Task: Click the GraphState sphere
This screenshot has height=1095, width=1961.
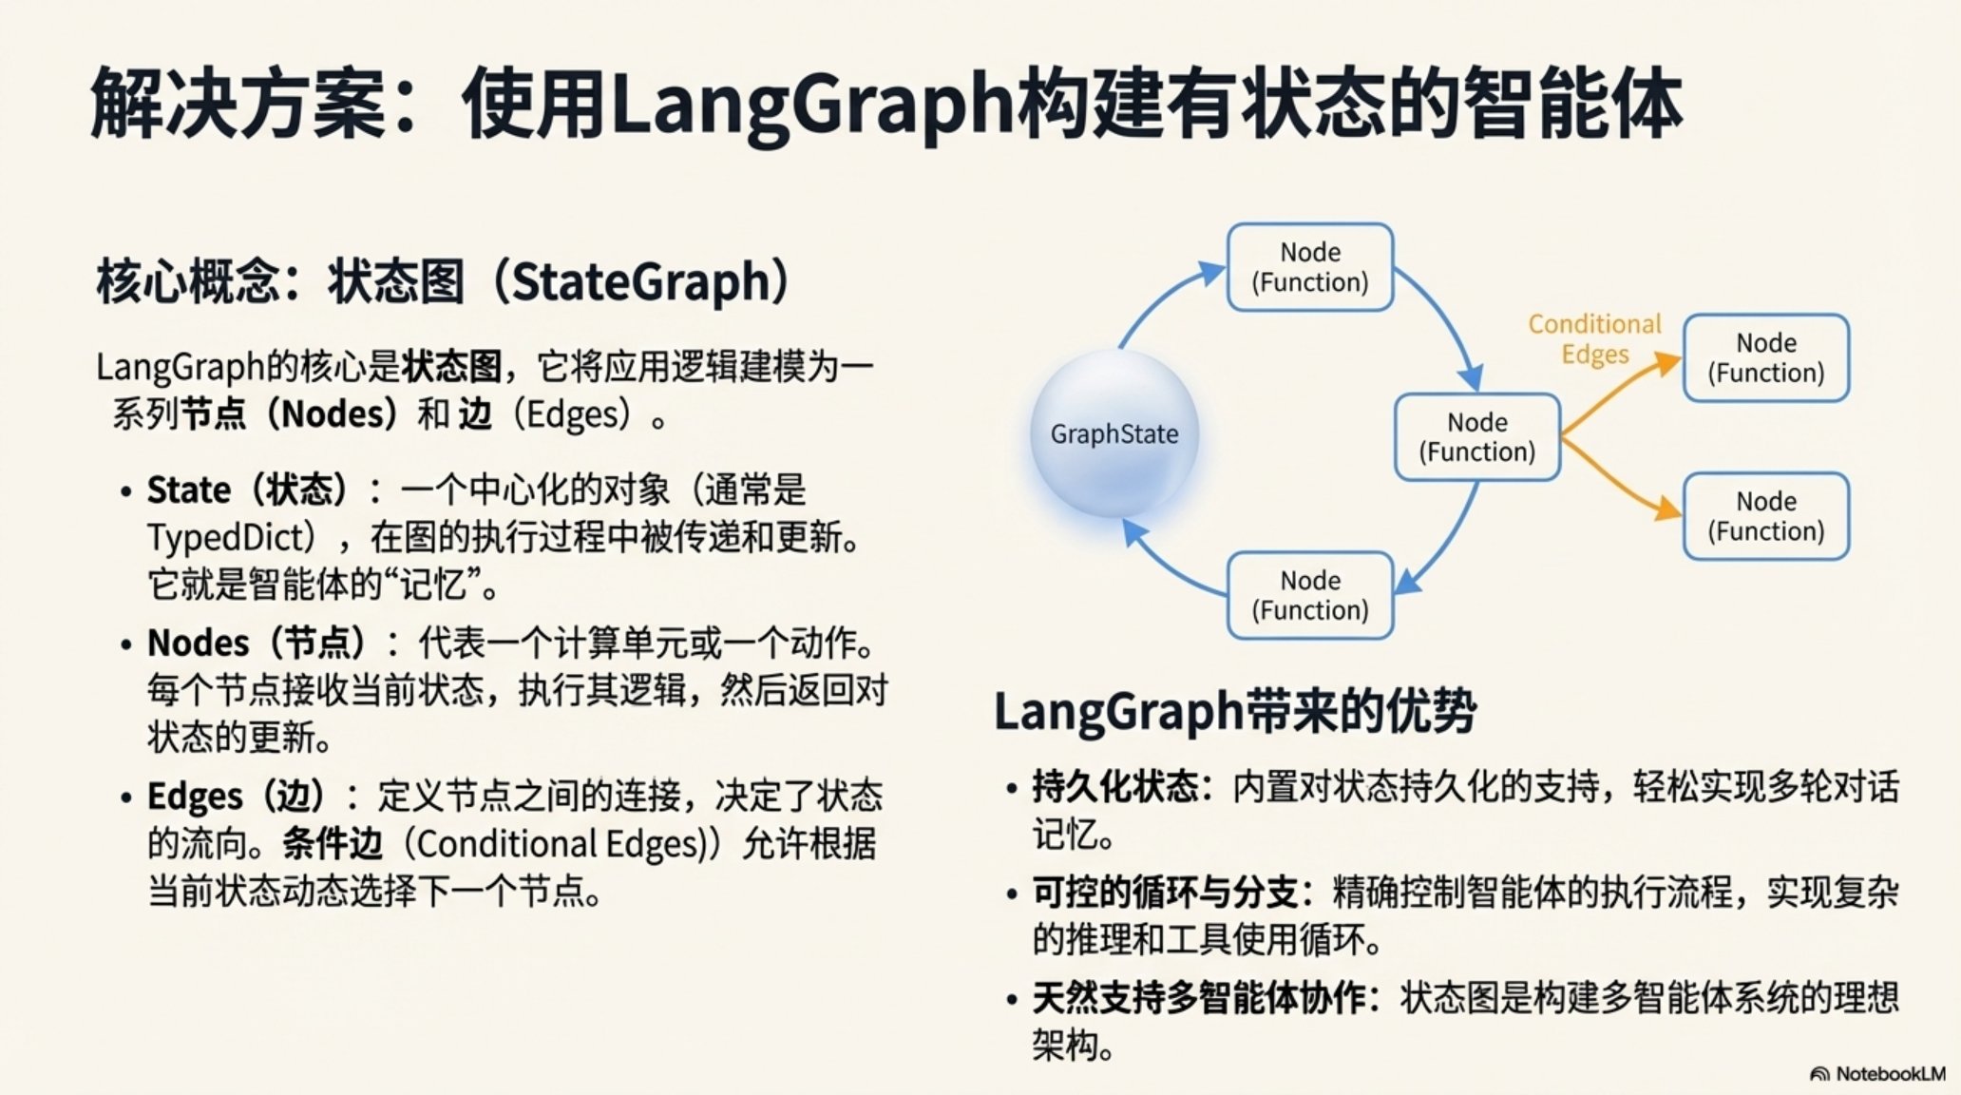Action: (x=1114, y=433)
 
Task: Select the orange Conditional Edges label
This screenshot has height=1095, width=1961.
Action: (x=1594, y=338)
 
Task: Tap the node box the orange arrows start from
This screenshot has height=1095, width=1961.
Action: (x=1477, y=437)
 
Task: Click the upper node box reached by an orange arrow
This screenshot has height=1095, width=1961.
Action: (x=1766, y=357)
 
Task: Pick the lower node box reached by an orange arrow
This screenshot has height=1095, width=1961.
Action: (x=1766, y=516)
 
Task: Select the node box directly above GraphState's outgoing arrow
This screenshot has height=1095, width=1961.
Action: (x=1310, y=267)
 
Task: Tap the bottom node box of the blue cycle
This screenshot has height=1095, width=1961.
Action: (x=1310, y=595)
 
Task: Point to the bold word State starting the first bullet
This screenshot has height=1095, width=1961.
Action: (x=188, y=490)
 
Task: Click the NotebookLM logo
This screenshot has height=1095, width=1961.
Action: (x=1877, y=1074)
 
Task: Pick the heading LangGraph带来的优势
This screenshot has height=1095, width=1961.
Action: (x=1235, y=711)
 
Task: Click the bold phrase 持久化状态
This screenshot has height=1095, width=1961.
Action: (x=1114, y=787)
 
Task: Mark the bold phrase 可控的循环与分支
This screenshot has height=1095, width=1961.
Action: (x=1165, y=893)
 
